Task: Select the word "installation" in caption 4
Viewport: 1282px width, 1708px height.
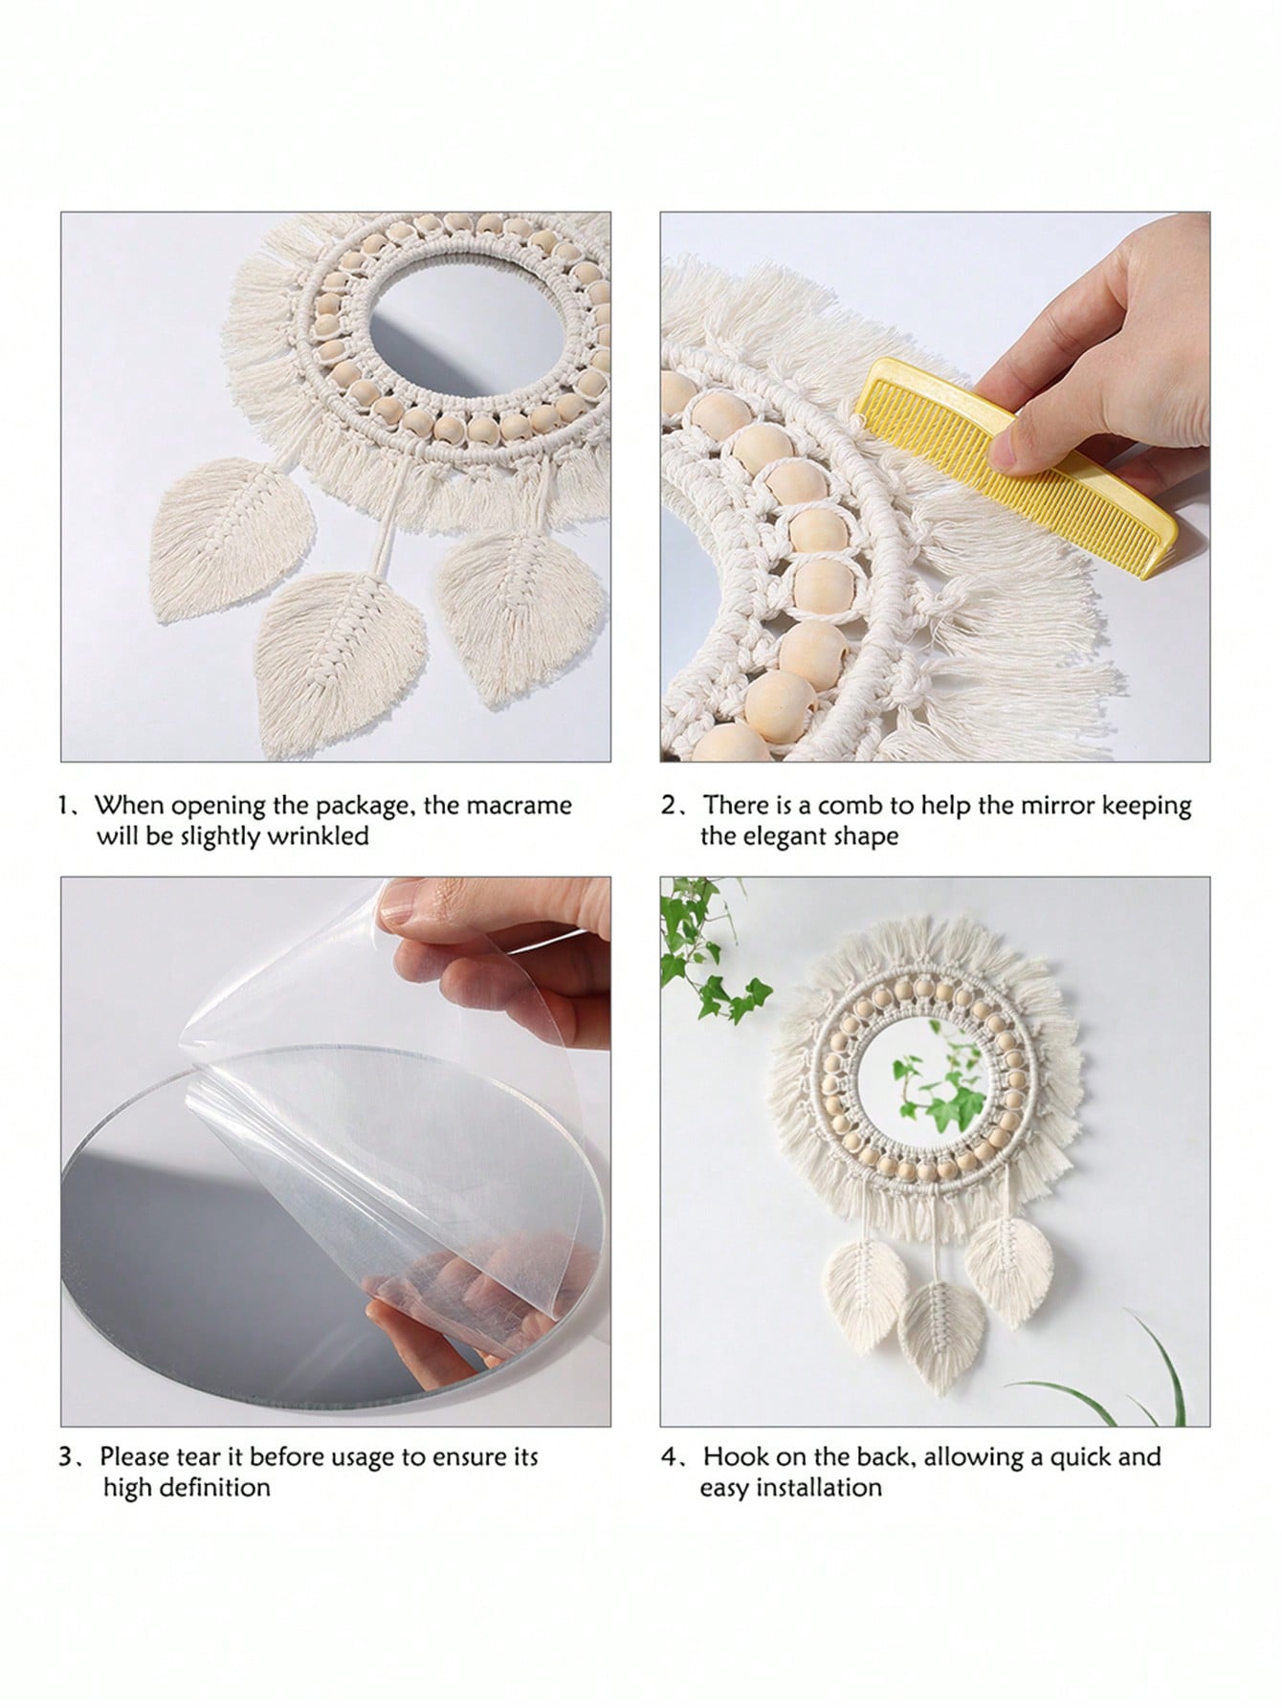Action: click(821, 1488)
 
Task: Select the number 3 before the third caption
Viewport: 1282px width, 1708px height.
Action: click(65, 1458)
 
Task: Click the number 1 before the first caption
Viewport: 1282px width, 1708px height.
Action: click(63, 806)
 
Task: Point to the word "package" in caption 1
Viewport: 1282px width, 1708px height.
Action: click(365, 807)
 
